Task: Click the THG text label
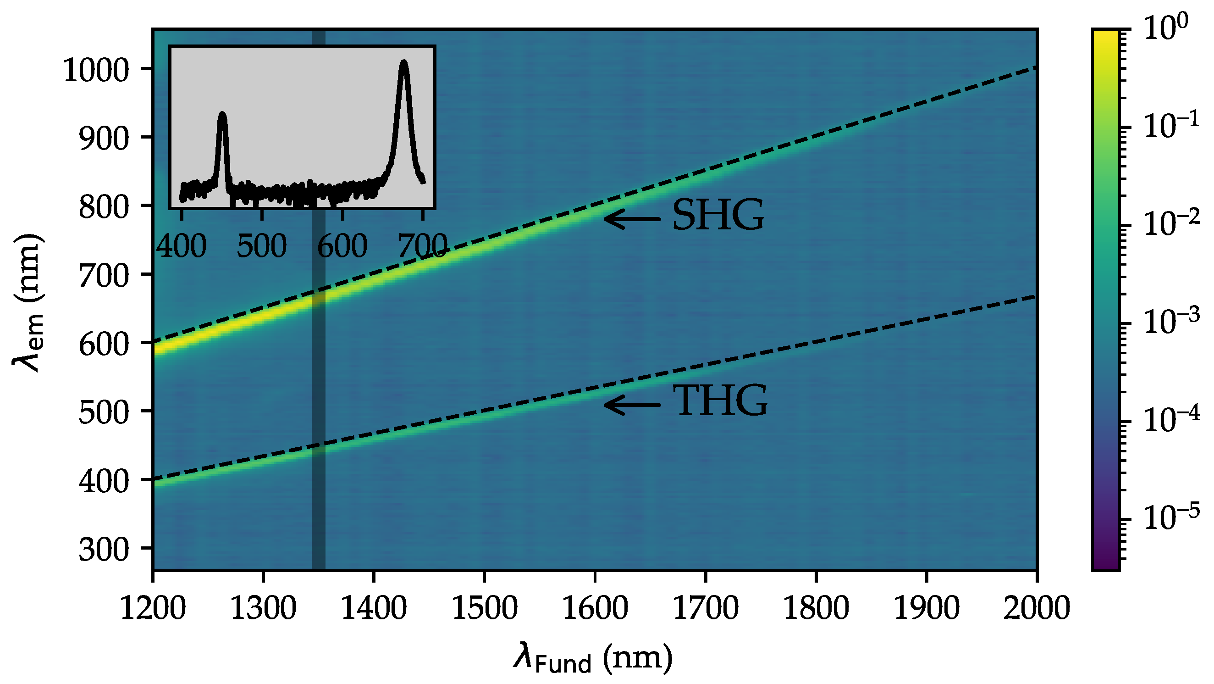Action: point(721,401)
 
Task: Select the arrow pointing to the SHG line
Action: point(631,218)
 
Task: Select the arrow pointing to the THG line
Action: point(631,405)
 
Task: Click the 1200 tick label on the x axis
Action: point(153,608)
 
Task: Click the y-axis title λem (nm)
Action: point(28,302)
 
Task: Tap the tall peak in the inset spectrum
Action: point(403,64)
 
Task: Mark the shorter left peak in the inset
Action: point(222,116)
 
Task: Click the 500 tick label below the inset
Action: point(262,246)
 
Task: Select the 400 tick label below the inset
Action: point(182,246)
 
